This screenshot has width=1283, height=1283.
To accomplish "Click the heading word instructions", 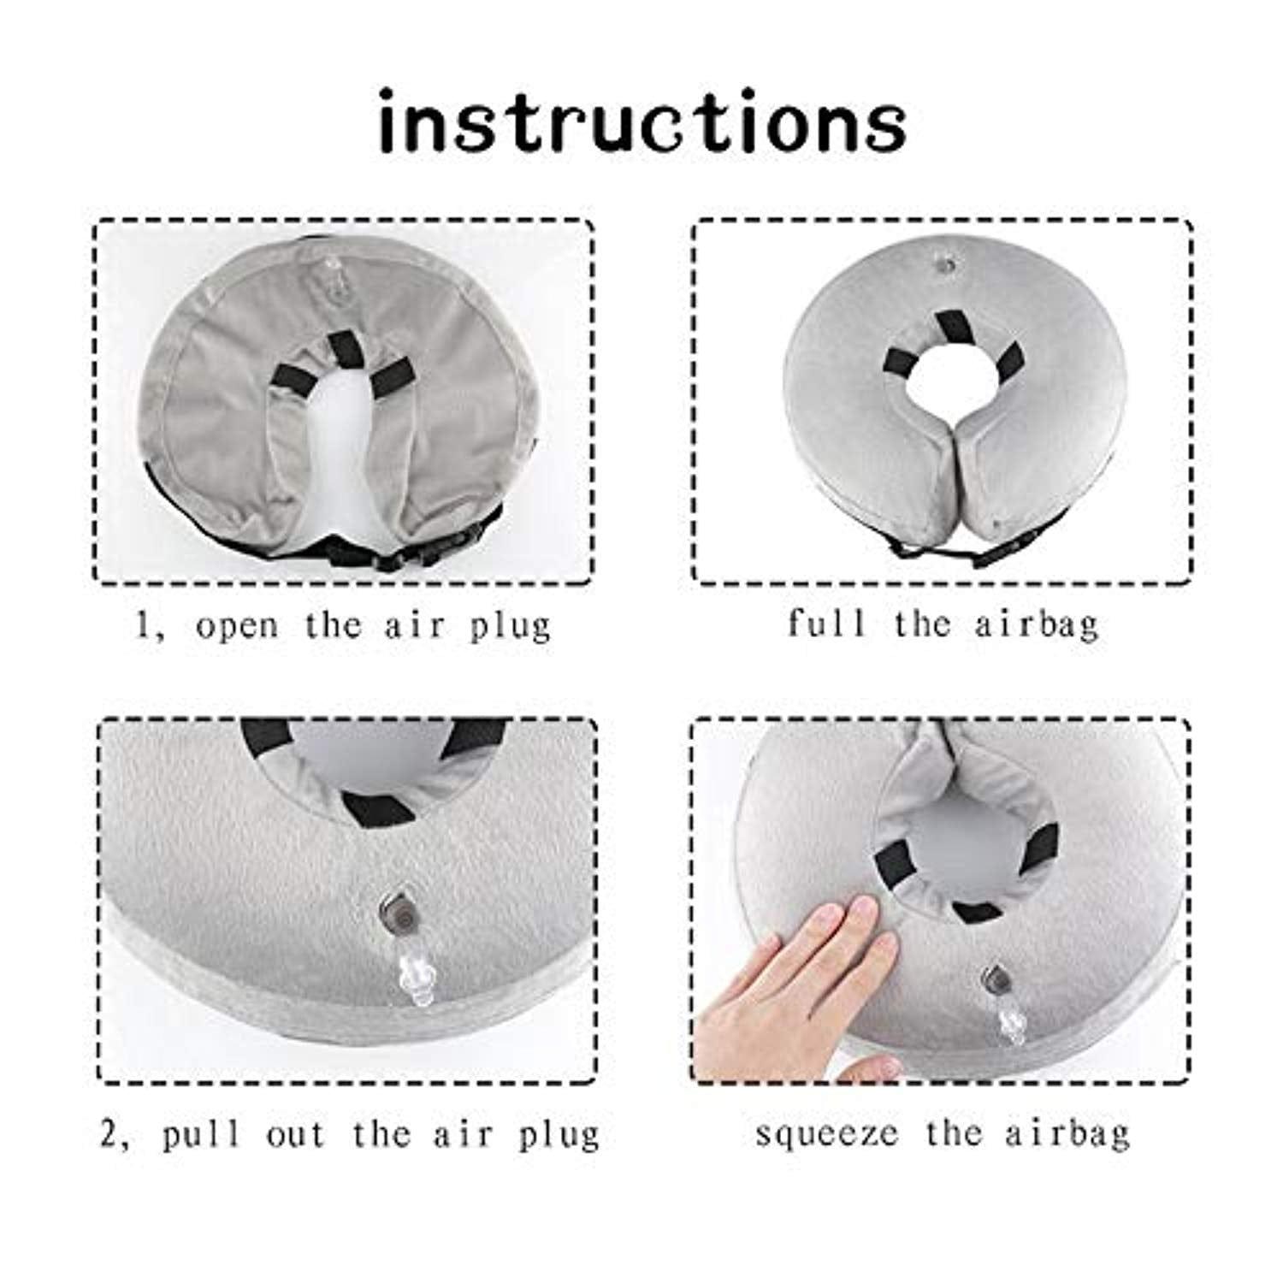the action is click(641, 126).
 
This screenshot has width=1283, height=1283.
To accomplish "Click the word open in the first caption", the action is click(237, 625).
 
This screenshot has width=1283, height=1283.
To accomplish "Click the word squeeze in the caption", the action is click(826, 1134).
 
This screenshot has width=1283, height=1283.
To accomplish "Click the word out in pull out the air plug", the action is click(296, 1134).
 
